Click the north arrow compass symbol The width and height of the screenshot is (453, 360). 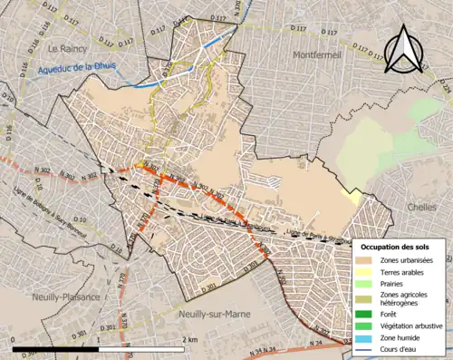pos(402,52)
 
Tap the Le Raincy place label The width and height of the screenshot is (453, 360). pos(66,49)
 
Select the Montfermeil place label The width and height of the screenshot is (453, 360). pos(317,55)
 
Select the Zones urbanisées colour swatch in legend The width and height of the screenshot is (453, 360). pos(365,261)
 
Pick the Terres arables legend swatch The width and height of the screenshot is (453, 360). pos(365,272)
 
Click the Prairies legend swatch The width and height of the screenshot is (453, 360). pos(365,284)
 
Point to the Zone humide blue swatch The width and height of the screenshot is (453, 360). pos(365,335)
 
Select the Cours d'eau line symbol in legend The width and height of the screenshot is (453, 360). pos(365,345)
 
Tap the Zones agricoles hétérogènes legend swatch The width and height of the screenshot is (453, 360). pos(365,297)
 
